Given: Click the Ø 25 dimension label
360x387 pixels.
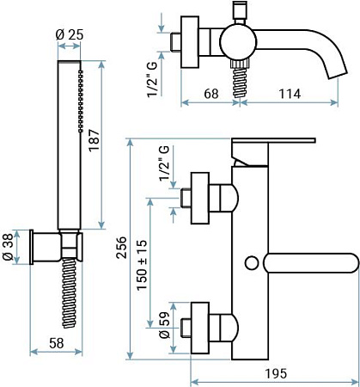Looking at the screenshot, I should (x=68, y=34).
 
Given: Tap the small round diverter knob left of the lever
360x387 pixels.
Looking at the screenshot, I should (x=251, y=261).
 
